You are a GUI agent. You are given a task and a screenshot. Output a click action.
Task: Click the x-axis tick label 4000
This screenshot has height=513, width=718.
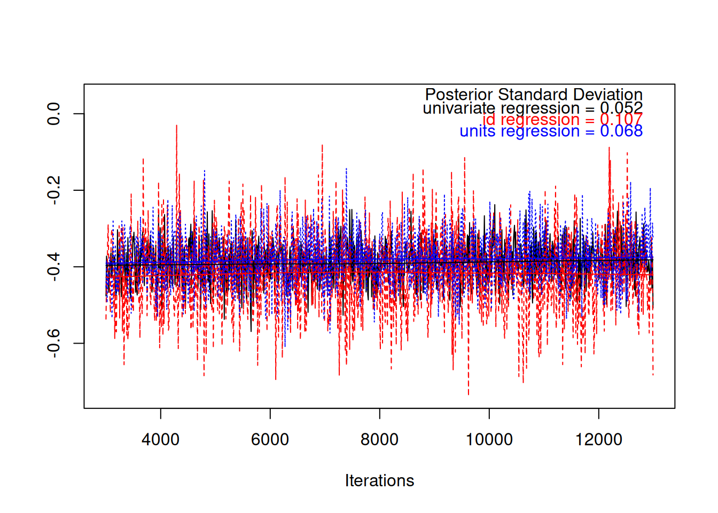[x=160, y=440]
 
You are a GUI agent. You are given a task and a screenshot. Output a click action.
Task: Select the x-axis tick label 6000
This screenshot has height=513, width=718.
[x=270, y=440]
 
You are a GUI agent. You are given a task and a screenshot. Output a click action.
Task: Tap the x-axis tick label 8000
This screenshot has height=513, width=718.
[x=379, y=440]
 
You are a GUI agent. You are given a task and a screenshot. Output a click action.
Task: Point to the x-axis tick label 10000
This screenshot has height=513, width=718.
[x=489, y=440]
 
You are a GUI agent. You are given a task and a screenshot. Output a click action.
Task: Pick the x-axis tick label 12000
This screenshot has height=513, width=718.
[x=598, y=440]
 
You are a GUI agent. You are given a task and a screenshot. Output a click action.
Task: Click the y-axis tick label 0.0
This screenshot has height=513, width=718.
[x=53, y=114]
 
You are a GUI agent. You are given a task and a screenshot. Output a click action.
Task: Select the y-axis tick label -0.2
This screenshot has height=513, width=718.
[x=53, y=190]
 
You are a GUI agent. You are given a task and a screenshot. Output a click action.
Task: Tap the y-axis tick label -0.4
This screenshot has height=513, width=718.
[x=53, y=267]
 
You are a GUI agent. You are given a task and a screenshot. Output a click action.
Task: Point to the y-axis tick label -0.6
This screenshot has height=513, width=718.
[x=53, y=343]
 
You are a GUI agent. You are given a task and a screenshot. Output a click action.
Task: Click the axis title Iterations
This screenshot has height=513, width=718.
[x=379, y=481]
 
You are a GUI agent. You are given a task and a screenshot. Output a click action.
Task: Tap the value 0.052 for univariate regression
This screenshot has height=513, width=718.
[x=621, y=108]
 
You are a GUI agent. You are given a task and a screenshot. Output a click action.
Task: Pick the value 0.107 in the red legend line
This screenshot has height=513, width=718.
[x=621, y=120]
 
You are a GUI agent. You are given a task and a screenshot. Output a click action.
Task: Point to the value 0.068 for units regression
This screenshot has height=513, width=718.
[x=621, y=131]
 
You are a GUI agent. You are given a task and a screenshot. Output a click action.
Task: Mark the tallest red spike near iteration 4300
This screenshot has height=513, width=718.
[x=176, y=126]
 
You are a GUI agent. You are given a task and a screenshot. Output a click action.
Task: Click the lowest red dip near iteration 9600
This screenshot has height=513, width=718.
[x=469, y=394]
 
